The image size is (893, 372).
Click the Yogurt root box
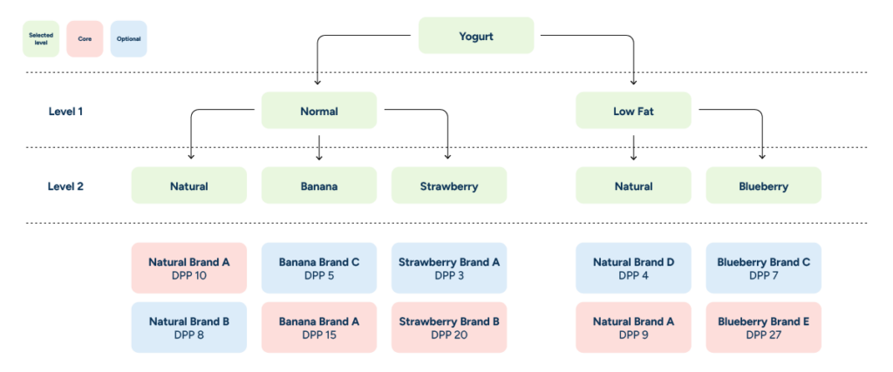pyautogui.click(x=476, y=36)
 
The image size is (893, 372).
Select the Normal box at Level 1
pyautogui.click(x=319, y=111)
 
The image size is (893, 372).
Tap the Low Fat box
pyautogui.click(x=633, y=111)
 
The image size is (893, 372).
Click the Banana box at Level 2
pyautogui.click(x=319, y=186)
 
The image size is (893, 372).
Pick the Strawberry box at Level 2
pyautogui.click(x=449, y=186)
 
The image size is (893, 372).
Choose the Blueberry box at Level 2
pyautogui.click(x=763, y=186)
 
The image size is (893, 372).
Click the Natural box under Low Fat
pyautogui.click(x=633, y=186)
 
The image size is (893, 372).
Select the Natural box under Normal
pyautogui.click(x=189, y=186)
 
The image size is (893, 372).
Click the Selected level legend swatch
pyautogui.click(x=41, y=38)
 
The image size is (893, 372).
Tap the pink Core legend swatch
pyautogui.click(x=85, y=38)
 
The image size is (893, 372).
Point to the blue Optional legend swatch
pyautogui.click(x=128, y=38)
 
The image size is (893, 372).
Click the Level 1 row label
pyautogui.click(x=66, y=112)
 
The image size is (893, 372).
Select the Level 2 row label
pyautogui.click(x=66, y=186)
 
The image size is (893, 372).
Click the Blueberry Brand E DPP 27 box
pyautogui.click(x=763, y=328)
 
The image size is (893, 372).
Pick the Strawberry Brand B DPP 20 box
pyautogui.click(x=449, y=328)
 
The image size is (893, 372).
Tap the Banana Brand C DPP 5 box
pyautogui.click(x=319, y=267)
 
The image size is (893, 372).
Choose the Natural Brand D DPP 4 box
pyautogui.click(x=633, y=267)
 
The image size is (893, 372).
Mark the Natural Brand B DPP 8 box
pyautogui.click(x=189, y=328)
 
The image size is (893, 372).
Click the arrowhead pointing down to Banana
pyautogui.click(x=319, y=157)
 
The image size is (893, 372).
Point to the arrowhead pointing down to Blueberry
pyautogui.click(x=763, y=157)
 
